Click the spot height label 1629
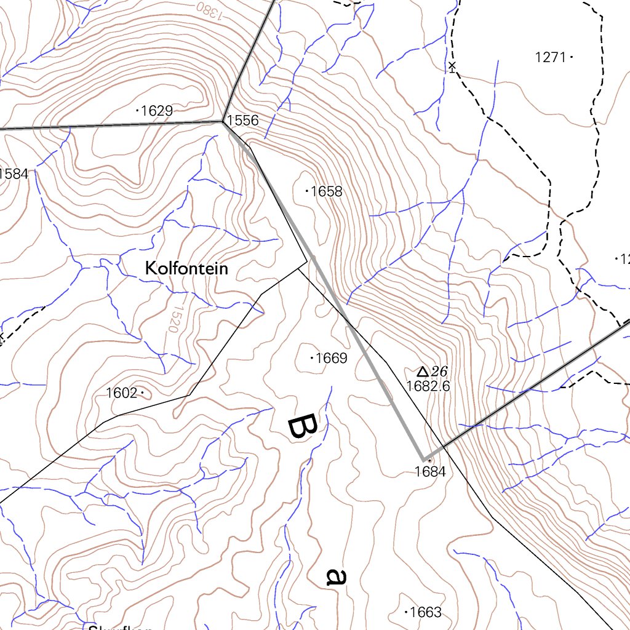tap(156, 111)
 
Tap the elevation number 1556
tap(242, 120)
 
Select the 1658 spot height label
tap(326, 191)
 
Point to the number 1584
tap(14, 173)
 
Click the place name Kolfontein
tap(186, 268)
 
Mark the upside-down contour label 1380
tap(210, 9)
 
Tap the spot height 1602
tap(121, 393)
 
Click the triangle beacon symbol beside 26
tap(422, 372)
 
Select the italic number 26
tap(439, 371)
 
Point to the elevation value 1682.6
tap(428, 386)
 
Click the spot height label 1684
tap(429, 472)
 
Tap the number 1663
tap(425, 612)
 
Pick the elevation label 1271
tap(550, 57)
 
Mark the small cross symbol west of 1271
tap(452, 66)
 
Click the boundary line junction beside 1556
tap(223, 121)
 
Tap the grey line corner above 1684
tap(424, 459)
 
